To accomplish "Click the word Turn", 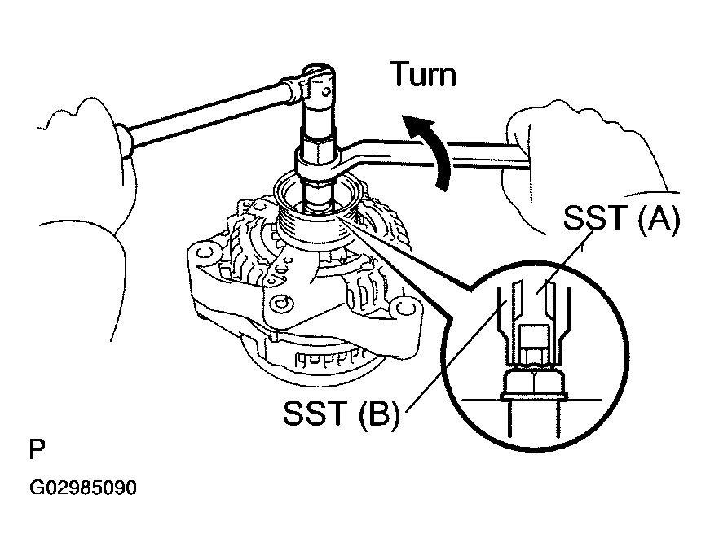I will pos(422,75).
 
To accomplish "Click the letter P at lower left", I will pos(37,449).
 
